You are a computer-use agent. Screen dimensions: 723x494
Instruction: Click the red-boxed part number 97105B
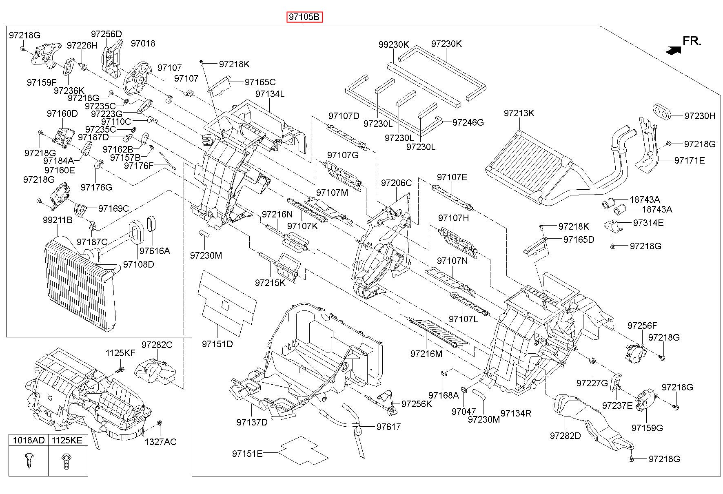(304, 17)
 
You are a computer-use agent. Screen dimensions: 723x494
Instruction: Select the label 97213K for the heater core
(519, 113)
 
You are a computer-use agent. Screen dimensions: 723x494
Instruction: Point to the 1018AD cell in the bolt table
(29, 440)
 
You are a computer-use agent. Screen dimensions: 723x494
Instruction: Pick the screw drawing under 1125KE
(66, 461)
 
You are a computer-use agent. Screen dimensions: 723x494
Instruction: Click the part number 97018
(143, 43)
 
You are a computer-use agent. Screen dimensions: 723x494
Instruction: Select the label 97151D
(217, 344)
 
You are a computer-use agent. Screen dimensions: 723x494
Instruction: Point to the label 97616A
(155, 250)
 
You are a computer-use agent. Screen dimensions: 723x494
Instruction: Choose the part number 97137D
(252, 422)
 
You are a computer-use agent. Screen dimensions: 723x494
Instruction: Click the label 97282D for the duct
(565, 435)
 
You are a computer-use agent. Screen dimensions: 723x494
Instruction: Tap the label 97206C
(396, 183)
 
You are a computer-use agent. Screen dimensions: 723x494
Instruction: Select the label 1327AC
(160, 442)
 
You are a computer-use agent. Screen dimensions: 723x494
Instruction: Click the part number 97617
(388, 427)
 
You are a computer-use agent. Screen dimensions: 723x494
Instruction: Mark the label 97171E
(690, 160)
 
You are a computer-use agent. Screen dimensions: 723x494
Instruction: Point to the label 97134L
(270, 94)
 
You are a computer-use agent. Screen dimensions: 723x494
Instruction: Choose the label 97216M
(426, 354)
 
